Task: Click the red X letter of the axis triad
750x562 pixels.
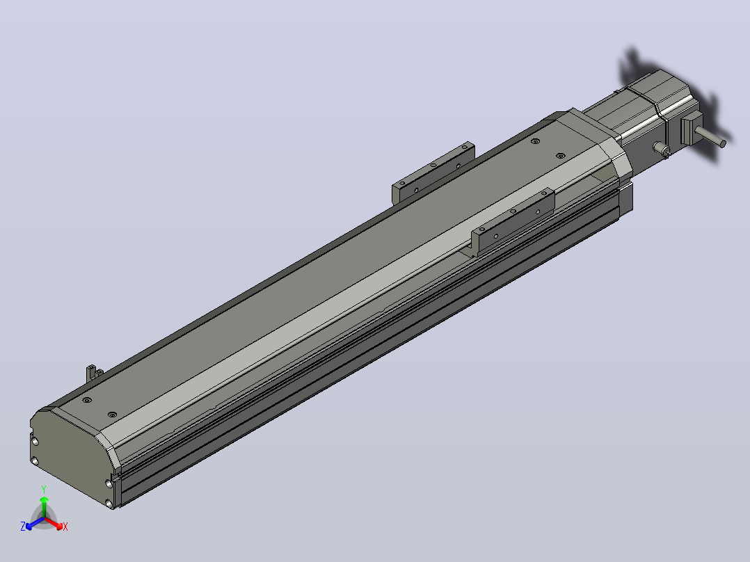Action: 65,527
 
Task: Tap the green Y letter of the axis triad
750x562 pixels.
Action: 44,490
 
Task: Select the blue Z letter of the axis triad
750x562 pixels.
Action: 23,527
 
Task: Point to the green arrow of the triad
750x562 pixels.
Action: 44,506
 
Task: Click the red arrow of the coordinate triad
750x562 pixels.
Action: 53,522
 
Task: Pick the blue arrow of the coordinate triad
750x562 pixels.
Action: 35,523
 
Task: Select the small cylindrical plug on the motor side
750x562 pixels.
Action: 662,149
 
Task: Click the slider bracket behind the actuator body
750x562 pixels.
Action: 433,174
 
